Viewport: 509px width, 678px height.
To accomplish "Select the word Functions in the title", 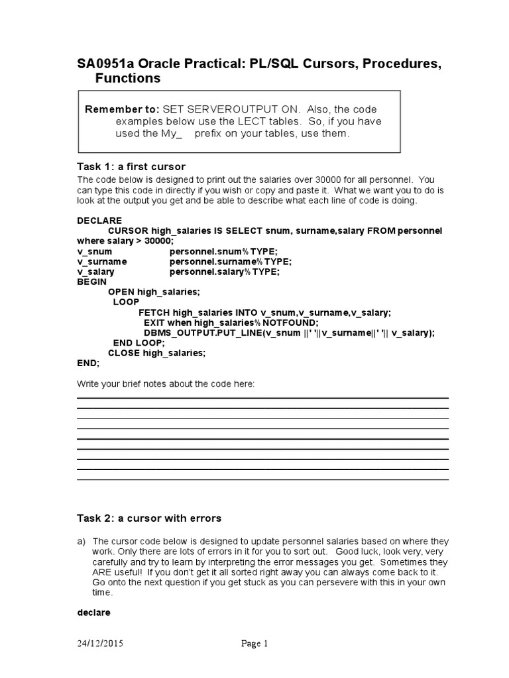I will [128, 79].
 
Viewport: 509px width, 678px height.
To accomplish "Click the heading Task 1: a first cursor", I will [131, 166].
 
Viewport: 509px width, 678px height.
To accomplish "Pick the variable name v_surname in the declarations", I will [101, 262].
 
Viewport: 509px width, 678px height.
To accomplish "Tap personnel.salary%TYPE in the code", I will [225, 271].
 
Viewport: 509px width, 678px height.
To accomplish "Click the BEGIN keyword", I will [92, 281].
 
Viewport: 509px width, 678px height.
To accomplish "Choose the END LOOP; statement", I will [139, 343].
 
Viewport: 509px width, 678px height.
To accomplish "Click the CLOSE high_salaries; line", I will [157, 353].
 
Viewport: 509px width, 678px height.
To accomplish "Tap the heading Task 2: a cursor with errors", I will [149, 518].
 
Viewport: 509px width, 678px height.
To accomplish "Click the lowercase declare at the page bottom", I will [93, 612].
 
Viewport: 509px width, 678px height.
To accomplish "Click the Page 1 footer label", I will [254, 644].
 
